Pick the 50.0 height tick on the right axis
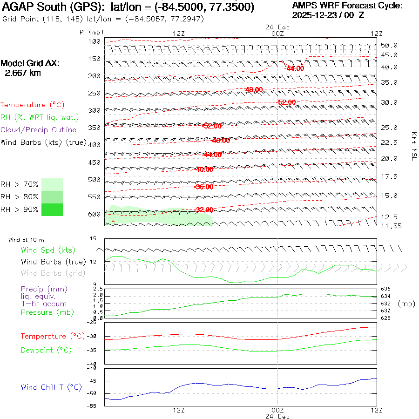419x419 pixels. [389, 45]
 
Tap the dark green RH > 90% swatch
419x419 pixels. [52, 209]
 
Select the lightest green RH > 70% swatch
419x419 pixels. [52, 184]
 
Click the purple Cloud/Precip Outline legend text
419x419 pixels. [39, 129]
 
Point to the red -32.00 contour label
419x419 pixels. [204, 210]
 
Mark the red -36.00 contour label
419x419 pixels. [204, 187]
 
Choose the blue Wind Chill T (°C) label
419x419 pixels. [51, 387]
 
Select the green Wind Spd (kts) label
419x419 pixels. [48, 250]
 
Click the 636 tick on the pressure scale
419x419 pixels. [386, 289]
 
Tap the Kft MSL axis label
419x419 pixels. [413, 146]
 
